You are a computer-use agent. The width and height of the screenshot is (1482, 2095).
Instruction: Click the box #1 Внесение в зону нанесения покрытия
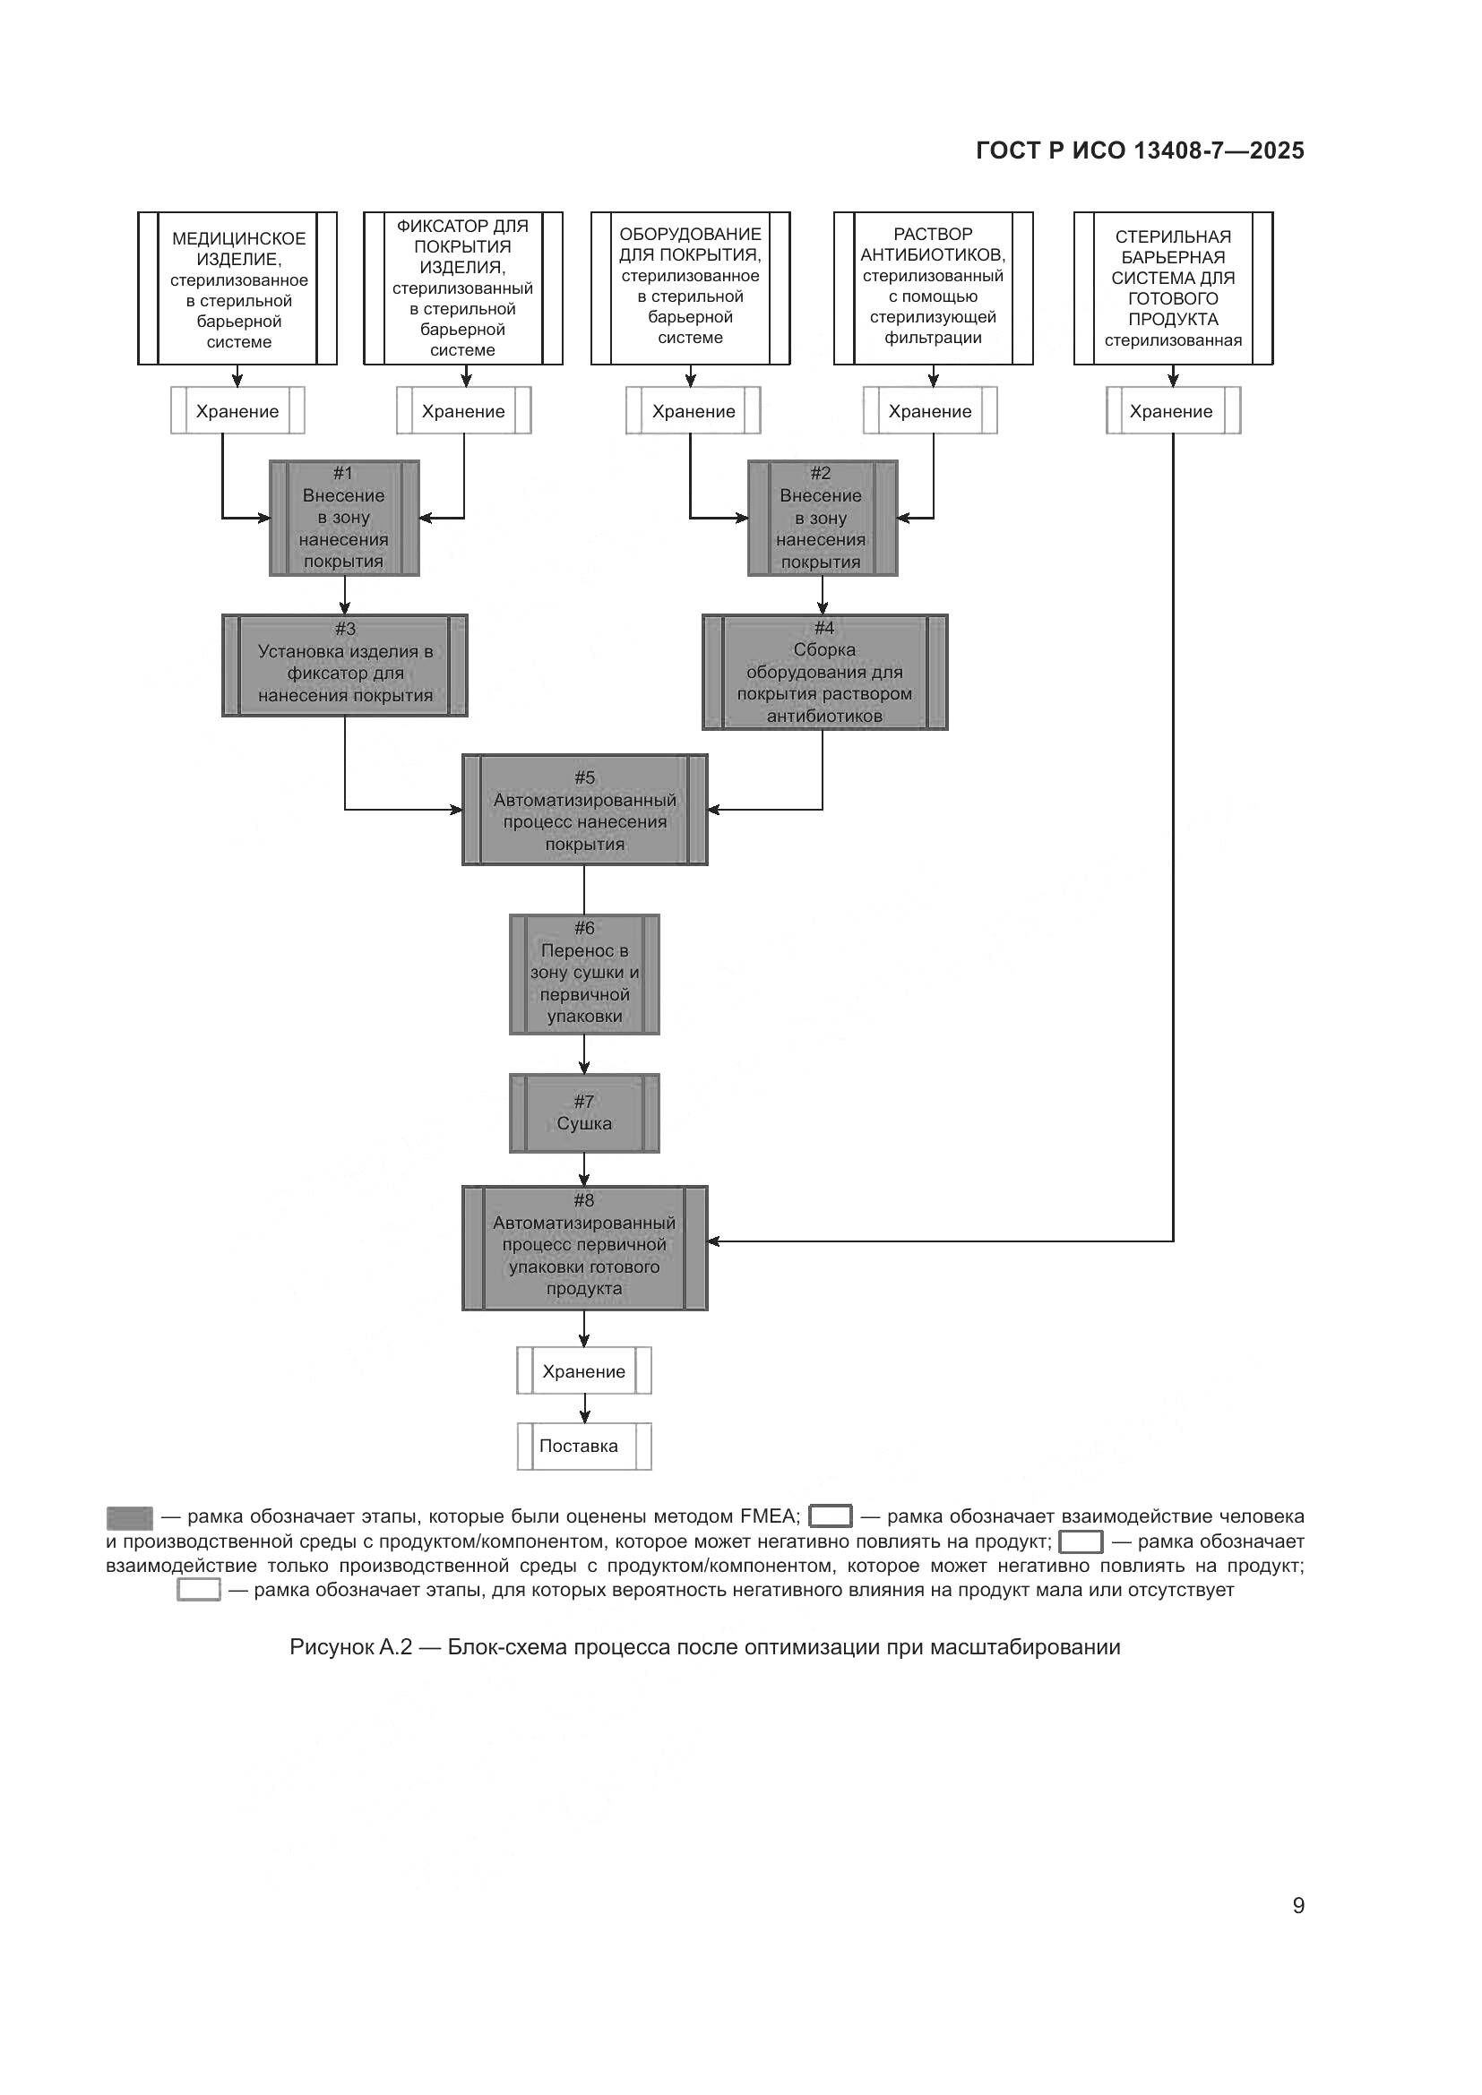pos(344,518)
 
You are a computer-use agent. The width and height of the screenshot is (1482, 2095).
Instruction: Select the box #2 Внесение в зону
pos(823,518)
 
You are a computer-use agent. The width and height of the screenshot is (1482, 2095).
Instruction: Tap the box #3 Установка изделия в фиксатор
pos(345,665)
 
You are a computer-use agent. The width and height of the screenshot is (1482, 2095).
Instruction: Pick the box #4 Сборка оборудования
pos(824,673)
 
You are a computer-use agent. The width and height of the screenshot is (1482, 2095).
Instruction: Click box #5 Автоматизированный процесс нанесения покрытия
pos(584,810)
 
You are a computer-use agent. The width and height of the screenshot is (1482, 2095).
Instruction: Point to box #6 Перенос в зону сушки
pos(584,974)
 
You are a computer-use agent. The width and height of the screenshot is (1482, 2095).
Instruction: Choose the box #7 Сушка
pos(584,1112)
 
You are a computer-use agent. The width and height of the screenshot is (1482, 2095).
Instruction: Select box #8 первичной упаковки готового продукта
pos(584,1248)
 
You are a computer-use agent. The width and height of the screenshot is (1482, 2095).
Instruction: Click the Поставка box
pos(584,1446)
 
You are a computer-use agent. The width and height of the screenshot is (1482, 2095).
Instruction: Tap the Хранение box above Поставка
pos(584,1370)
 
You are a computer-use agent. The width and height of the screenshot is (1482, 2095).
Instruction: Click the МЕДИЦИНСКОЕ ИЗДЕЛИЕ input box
pos(237,288)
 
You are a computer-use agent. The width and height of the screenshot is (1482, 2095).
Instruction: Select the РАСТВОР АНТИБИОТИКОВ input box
pos(933,288)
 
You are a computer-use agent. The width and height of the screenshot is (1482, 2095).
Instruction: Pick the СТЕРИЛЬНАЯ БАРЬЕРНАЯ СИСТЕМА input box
pos(1173,288)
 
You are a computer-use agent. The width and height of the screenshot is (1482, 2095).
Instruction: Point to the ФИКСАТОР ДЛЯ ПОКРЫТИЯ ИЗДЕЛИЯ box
pos(462,288)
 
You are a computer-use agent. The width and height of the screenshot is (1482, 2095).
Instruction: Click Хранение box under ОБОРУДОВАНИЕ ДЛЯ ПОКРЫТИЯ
pos(693,410)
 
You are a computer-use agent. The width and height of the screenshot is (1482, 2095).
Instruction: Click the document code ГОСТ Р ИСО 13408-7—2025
pos(1140,150)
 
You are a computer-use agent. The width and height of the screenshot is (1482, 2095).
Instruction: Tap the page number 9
pos(1297,1905)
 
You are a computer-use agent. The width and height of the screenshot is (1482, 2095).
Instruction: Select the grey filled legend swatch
pos(130,1517)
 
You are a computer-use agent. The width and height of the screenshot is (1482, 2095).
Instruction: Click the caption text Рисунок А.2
pos(350,1647)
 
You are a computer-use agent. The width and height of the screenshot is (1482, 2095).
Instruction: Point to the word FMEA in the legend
pos(770,1516)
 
